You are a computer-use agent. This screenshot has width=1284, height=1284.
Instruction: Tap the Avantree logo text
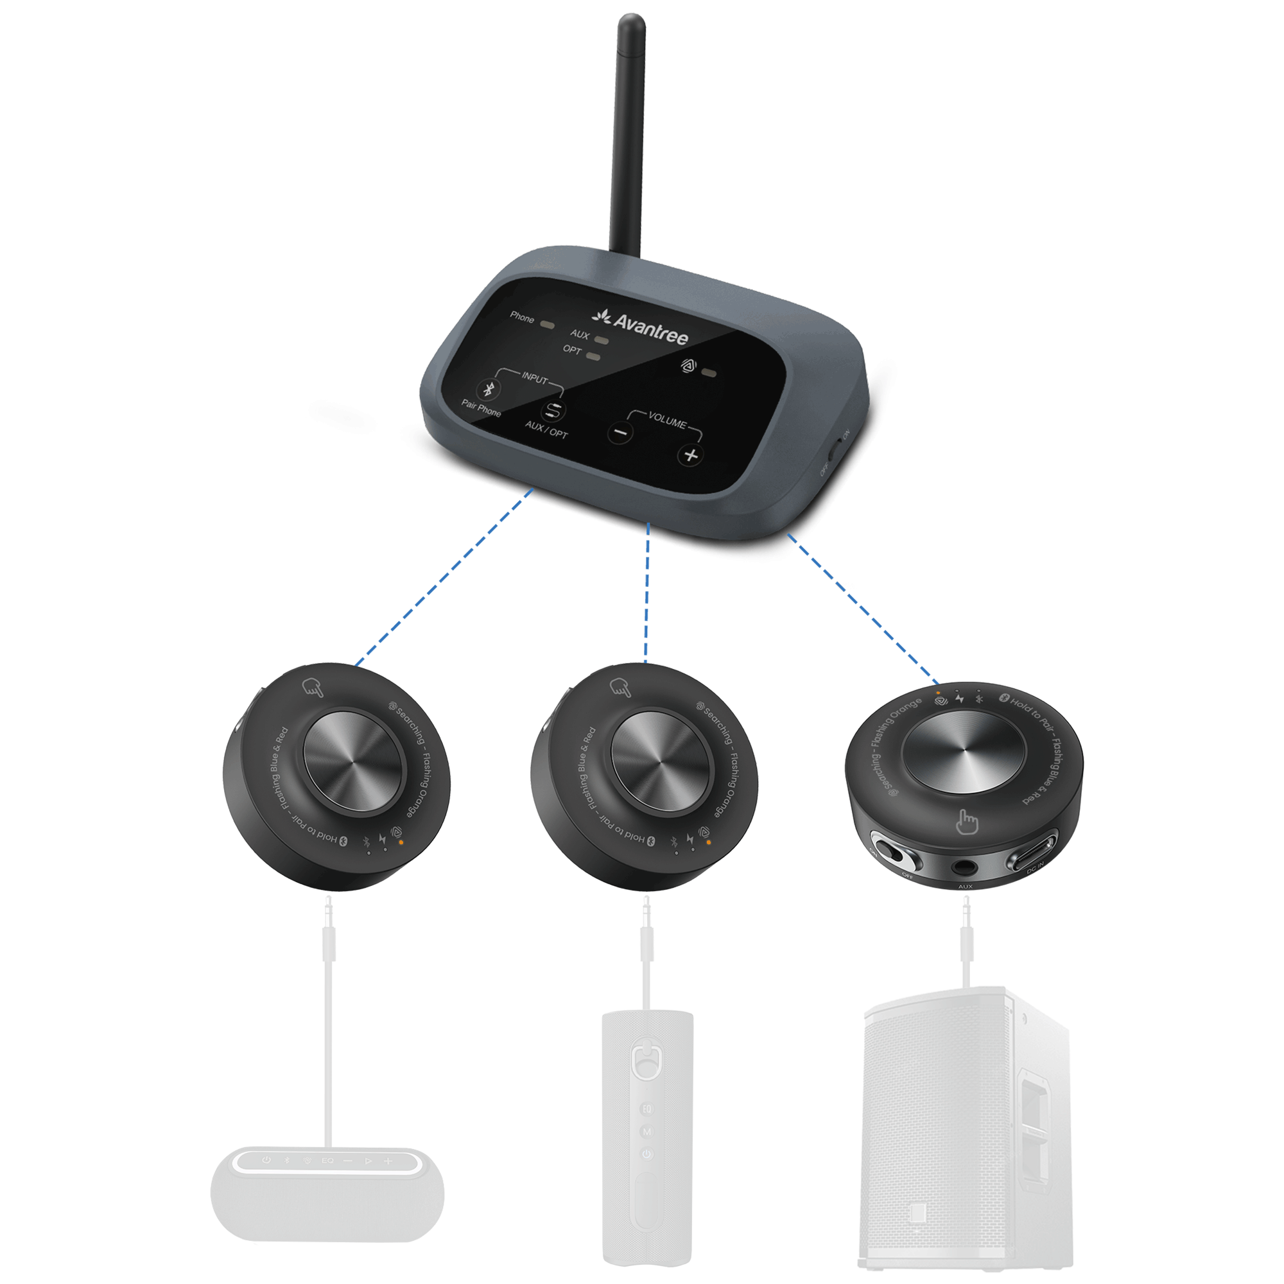click(x=649, y=328)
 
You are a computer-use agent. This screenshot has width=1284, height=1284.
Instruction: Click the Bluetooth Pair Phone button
click(x=489, y=390)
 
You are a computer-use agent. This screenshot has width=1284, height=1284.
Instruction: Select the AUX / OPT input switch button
click(x=553, y=412)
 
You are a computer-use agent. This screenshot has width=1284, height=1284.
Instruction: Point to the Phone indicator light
click(x=549, y=325)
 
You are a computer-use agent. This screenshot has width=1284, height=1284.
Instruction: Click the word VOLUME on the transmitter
click(x=666, y=421)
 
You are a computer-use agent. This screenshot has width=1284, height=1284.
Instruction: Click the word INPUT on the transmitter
click(x=534, y=377)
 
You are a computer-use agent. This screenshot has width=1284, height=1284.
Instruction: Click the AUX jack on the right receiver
click(x=964, y=867)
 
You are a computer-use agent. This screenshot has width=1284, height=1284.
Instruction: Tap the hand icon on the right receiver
click(x=967, y=823)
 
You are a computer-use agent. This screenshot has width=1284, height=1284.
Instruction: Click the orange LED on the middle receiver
click(x=709, y=842)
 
